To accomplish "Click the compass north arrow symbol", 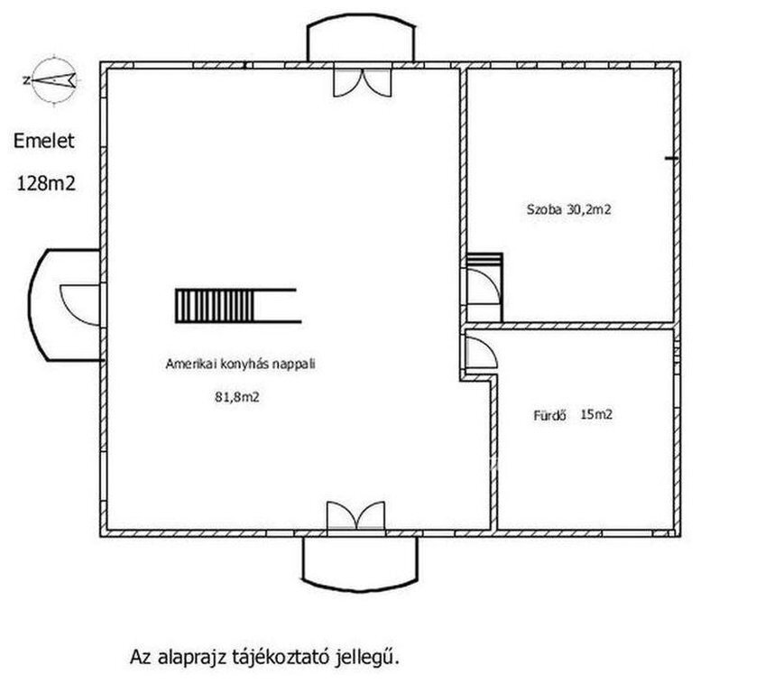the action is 54,80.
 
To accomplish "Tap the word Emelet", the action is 44,141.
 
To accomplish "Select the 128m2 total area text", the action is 46,183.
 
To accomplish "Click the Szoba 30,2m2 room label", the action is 568,209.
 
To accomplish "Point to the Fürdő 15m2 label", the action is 573,414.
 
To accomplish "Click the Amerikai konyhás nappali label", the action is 240,365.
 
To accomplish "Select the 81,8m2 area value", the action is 237,397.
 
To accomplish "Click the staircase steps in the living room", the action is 216,306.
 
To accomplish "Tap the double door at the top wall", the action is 363,82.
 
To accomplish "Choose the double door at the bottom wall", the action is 355,516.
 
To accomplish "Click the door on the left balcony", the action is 80,305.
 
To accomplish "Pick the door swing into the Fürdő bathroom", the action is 482,352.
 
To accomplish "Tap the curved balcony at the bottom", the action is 360,564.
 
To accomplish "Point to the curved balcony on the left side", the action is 64,305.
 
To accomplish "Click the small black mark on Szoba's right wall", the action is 671,159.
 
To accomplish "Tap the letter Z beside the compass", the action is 26,80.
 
